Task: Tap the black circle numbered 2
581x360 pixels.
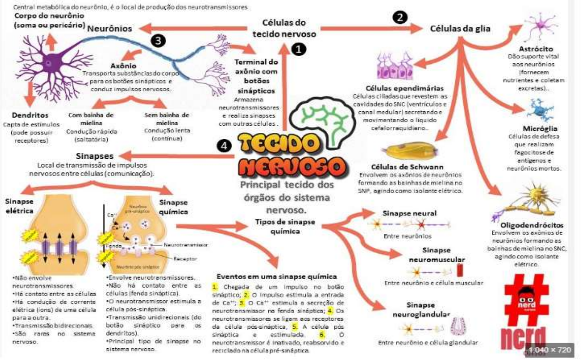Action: point(400,18)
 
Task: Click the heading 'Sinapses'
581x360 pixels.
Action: point(95,156)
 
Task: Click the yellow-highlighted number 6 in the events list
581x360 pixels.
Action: point(322,335)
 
